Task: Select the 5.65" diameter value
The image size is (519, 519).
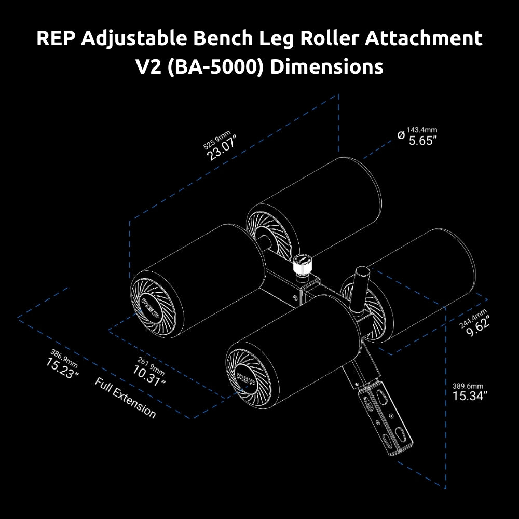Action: (x=420, y=141)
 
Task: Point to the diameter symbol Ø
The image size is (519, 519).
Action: (x=400, y=135)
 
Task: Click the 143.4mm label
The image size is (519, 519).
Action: (x=421, y=129)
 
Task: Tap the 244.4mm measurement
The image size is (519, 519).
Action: (x=473, y=318)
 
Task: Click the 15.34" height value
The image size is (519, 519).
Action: (x=470, y=396)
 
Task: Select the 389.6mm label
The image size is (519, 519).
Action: (x=468, y=386)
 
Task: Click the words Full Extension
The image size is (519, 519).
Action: (x=125, y=398)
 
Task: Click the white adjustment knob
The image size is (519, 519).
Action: (x=302, y=265)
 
